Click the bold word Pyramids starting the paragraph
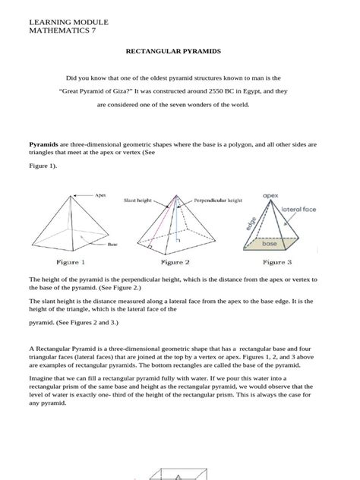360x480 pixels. click(x=43, y=143)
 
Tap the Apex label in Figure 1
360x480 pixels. click(x=101, y=195)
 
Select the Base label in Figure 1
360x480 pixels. click(x=112, y=245)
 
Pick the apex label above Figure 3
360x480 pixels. click(x=271, y=194)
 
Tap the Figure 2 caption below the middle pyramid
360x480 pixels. click(x=175, y=263)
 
